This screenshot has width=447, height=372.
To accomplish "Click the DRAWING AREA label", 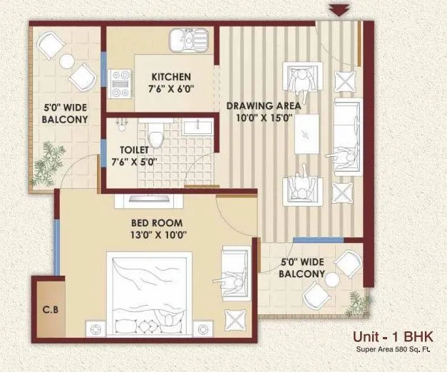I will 263,106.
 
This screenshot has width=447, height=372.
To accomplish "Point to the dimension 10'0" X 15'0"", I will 263,120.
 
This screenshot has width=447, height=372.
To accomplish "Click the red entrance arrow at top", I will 339,9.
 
